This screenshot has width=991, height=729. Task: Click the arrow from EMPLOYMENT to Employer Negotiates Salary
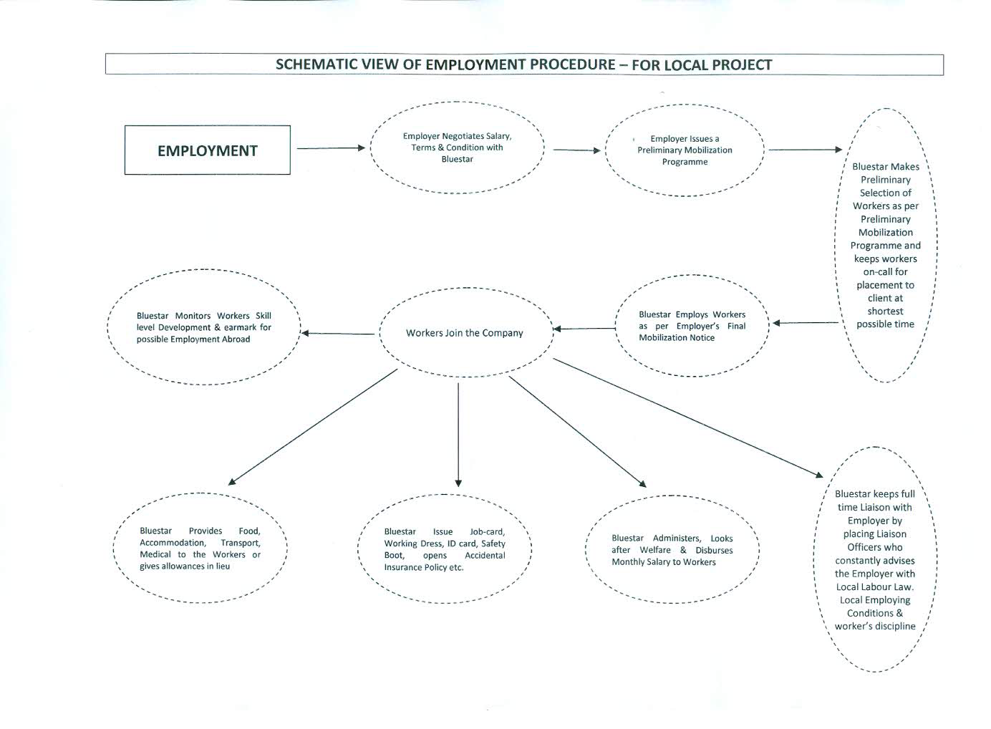pos(331,148)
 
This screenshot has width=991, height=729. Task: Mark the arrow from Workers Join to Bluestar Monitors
pos(338,334)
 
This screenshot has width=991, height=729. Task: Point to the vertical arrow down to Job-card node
pos(458,435)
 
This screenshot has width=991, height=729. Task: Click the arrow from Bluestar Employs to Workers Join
pos(584,329)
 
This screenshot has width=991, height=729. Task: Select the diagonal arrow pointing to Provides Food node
pos(312,428)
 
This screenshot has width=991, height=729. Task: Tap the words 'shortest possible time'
pos(885,318)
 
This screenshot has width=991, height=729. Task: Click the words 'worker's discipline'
pos(875,626)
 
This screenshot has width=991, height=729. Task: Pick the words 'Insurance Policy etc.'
pos(423,567)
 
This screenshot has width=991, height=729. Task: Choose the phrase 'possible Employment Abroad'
pos(193,339)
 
